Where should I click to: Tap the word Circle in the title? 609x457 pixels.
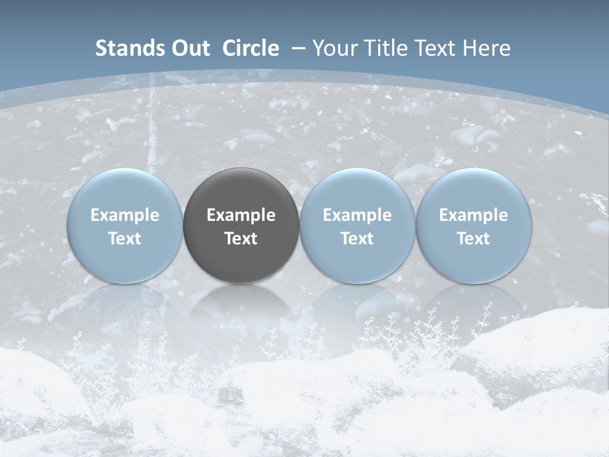[x=251, y=48]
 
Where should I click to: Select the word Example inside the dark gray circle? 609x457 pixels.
[x=241, y=215]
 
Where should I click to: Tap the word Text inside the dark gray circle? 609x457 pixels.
[x=241, y=239]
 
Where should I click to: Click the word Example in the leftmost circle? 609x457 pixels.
[x=124, y=215]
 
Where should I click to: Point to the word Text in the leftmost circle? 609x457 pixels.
[x=124, y=239]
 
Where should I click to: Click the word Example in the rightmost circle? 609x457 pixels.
[x=473, y=215]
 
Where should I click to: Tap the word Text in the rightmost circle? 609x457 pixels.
[x=473, y=239]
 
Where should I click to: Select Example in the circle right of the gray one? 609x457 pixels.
[x=357, y=215]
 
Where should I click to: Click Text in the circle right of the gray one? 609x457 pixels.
[x=357, y=239]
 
